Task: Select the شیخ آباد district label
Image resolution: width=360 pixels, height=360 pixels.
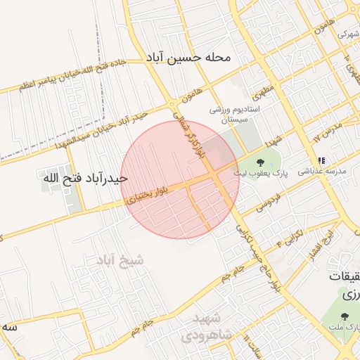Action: click(x=121, y=260)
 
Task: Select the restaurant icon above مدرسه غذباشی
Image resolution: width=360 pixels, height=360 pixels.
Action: click(x=322, y=160)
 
